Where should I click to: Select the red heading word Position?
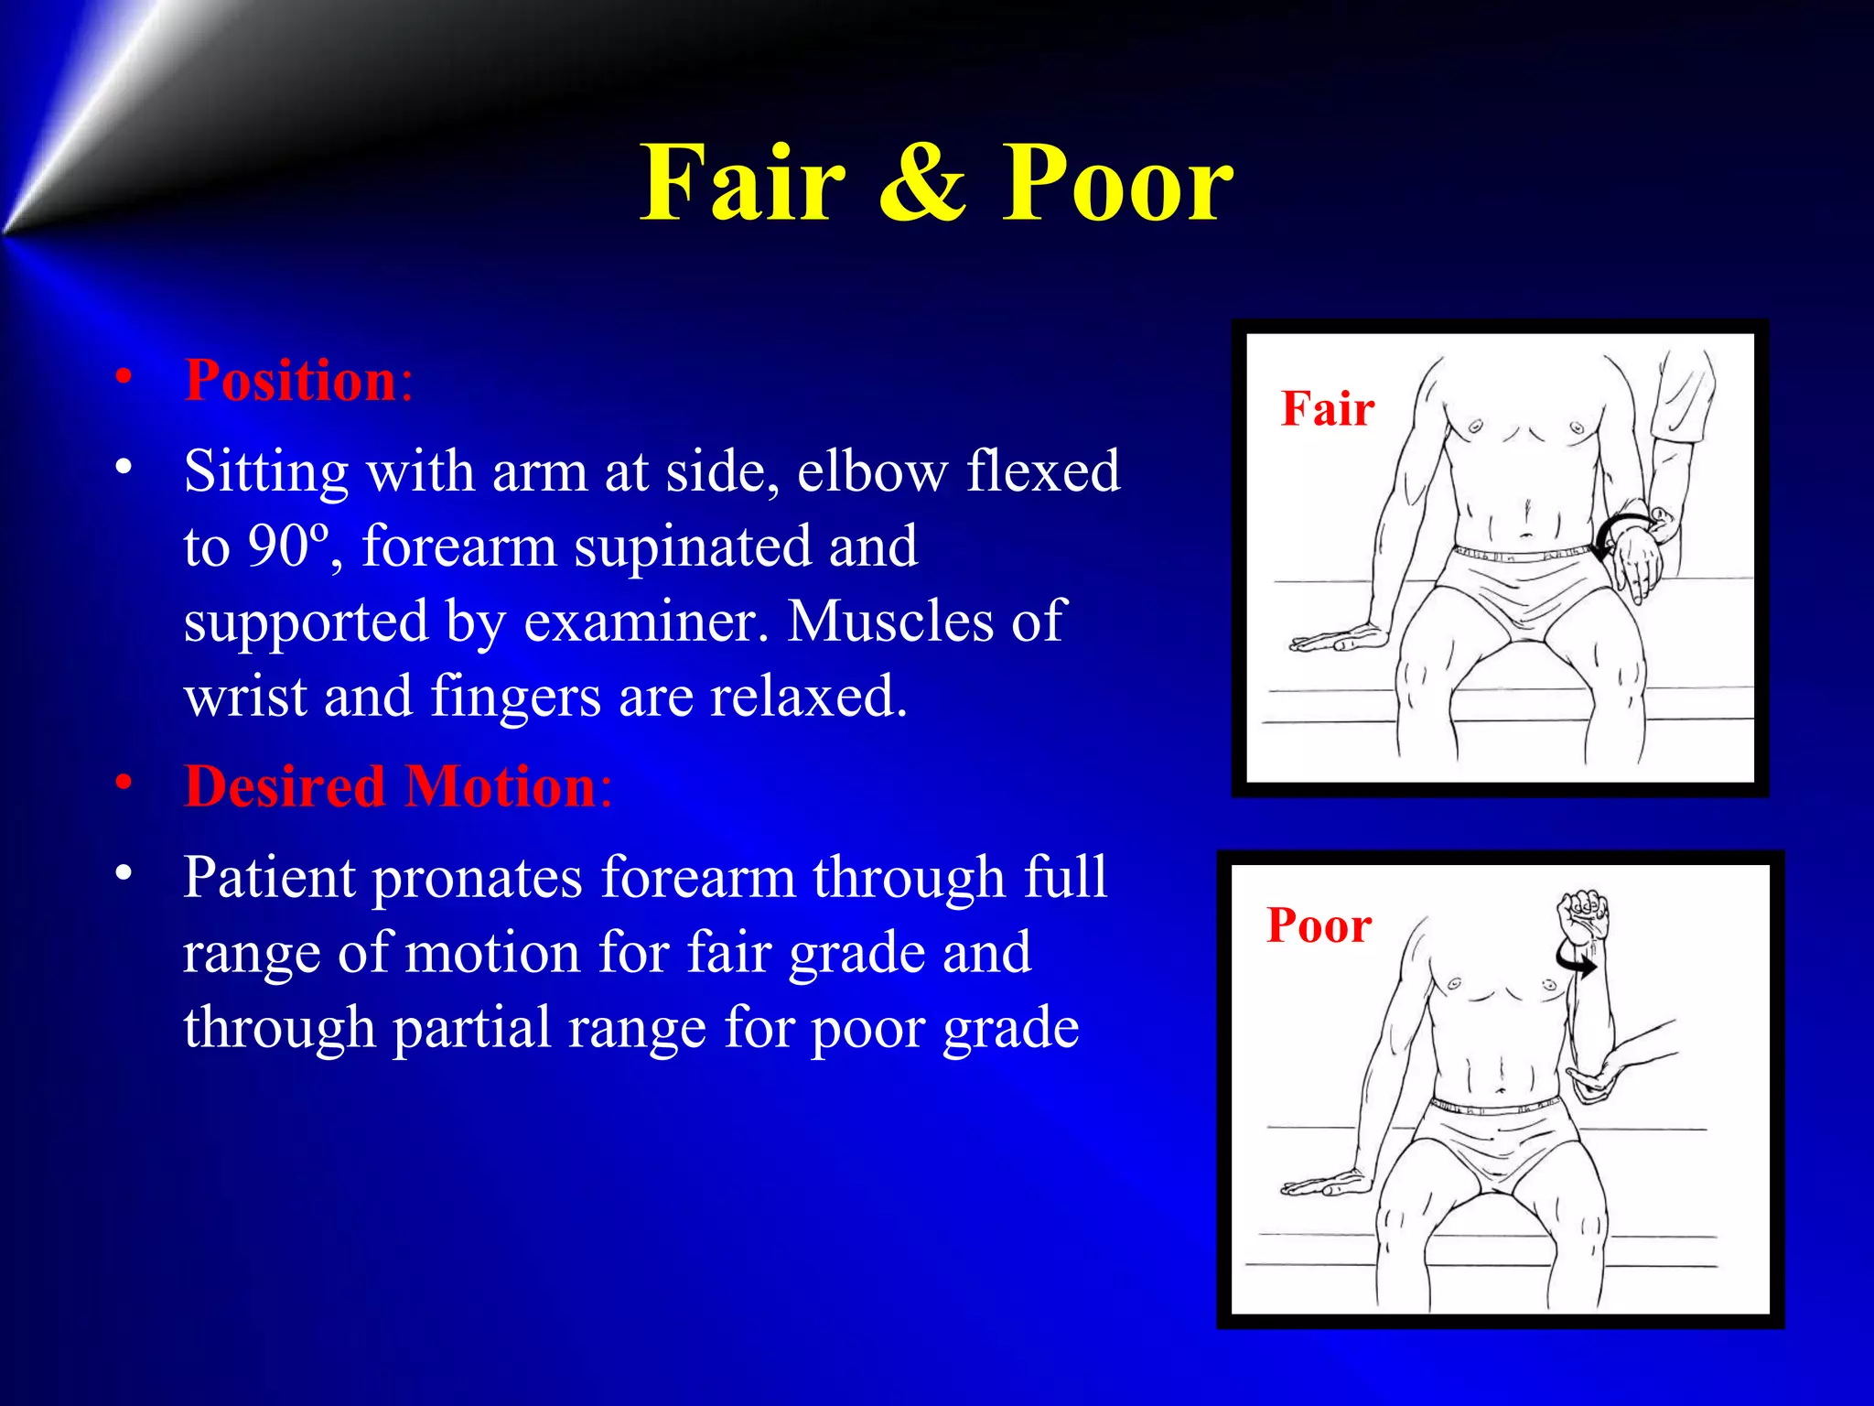tap(290, 380)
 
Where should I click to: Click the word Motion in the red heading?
tap(501, 786)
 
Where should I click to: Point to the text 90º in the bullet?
tap(286, 547)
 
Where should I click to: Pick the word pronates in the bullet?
tap(477, 878)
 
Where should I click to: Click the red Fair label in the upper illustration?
tap(1327, 408)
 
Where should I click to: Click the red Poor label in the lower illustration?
tap(1319, 925)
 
